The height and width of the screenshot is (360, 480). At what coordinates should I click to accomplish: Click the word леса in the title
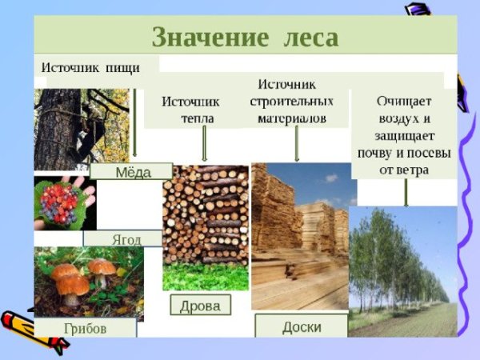coord(309,37)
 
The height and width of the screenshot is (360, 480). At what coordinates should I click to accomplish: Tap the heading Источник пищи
coord(90,67)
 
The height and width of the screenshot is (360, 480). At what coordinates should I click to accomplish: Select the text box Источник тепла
coord(190,110)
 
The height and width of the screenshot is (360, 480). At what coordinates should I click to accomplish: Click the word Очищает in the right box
coord(405,102)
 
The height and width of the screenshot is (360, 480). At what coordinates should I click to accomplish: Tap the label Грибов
coord(85,328)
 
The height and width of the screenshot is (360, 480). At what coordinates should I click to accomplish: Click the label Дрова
coord(200,305)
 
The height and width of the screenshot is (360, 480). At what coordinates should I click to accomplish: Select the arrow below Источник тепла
coord(205,144)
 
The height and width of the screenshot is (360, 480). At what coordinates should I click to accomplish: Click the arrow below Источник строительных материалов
coord(297,144)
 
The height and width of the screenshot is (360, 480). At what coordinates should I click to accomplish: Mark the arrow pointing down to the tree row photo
coord(406,192)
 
